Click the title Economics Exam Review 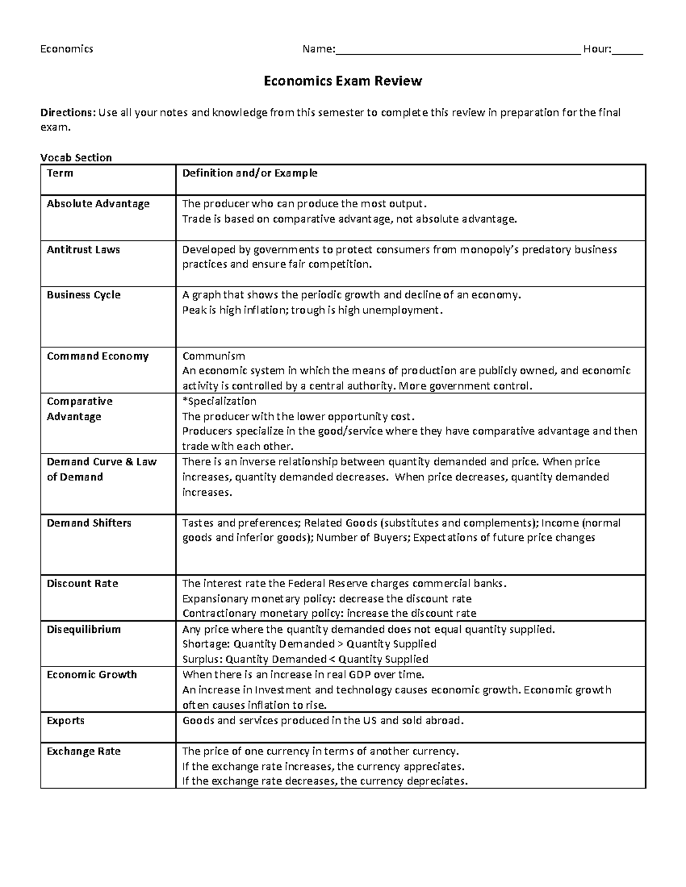(342, 81)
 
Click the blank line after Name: (457, 51)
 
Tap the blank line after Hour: (627, 51)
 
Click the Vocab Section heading (76, 157)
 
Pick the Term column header (60, 173)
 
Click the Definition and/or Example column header (249, 173)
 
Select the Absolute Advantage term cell (98, 204)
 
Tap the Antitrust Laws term (83, 250)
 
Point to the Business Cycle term (83, 295)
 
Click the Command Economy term (98, 356)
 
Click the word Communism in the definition (213, 356)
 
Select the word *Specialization (219, 401)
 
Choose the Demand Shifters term (89, 523)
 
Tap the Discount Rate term (82, 583)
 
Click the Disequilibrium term (84, 629)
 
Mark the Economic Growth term (92, 675)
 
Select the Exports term (66, 720)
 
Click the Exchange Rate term (84, 751)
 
